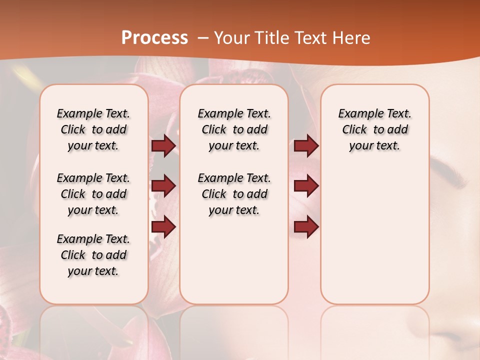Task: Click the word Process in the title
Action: coord(154,38)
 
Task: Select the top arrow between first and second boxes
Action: coord(163,145)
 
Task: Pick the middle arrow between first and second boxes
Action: coord(163,186)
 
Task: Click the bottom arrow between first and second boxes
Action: coord(163,227)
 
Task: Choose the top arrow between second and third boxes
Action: coord(306,145)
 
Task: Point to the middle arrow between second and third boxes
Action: coord(306,186)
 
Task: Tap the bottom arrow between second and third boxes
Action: coord(306,227)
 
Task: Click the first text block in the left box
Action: coord(93,129)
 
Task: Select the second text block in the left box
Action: coord(93,194)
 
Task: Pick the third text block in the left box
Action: coord(93,255)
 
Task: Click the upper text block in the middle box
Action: coord(234,129)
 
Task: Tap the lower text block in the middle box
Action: coord(234,194)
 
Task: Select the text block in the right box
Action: coord(374,129)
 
